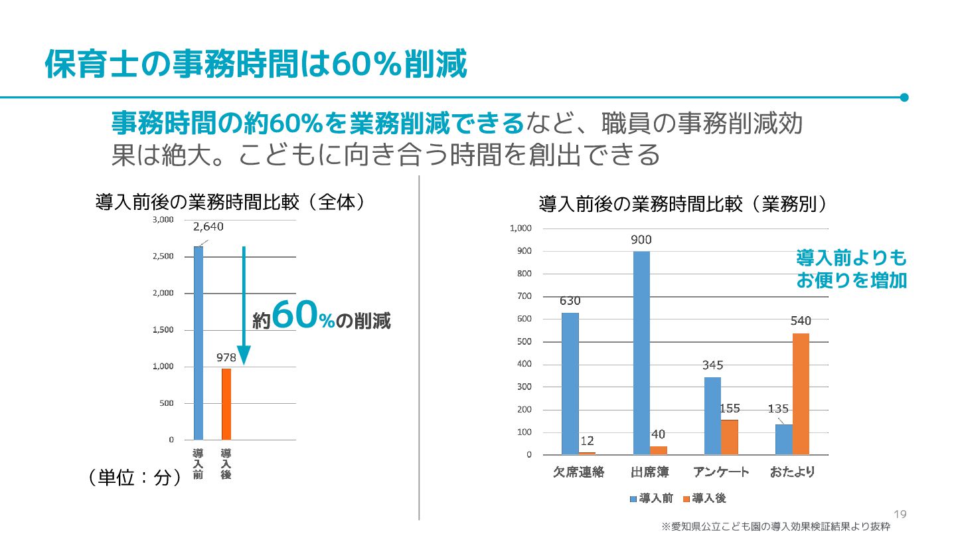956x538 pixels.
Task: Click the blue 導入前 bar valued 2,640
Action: pyautogui.click(x=199, y=343)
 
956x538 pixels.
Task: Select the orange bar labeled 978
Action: pyautogui.click(x=226, y=404)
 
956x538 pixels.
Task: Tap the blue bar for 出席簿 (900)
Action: pyautogui.click(x=641, y=353)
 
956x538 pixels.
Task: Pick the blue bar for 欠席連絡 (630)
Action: pyautogui.click(x=570, y=383)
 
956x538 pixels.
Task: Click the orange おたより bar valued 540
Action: pyautogui.click(x=801, y=394)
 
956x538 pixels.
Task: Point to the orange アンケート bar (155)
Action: pyautogui.click(x=730, y=437)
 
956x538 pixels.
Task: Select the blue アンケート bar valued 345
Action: pyautogui.click(x=712, y=416)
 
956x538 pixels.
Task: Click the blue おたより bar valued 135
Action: pyautogui.click(x=783, y=439)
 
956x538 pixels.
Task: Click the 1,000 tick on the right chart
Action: pyautogui.click(x=520, y=228)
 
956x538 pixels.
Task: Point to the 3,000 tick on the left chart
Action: pyautogui.click(x=163, y=219)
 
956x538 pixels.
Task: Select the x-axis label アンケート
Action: pyautogui.click(x=721, y=472)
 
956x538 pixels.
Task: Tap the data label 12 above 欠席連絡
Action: pyautogui.click(x=587, y=440)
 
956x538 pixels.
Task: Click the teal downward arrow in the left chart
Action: pyautogui.click(x=244, y=306)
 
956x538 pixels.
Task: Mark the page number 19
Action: pyautogui.click(x=900, y=515)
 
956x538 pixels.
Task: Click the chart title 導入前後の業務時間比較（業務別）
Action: pyautogui.click(x=683, y=203)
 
